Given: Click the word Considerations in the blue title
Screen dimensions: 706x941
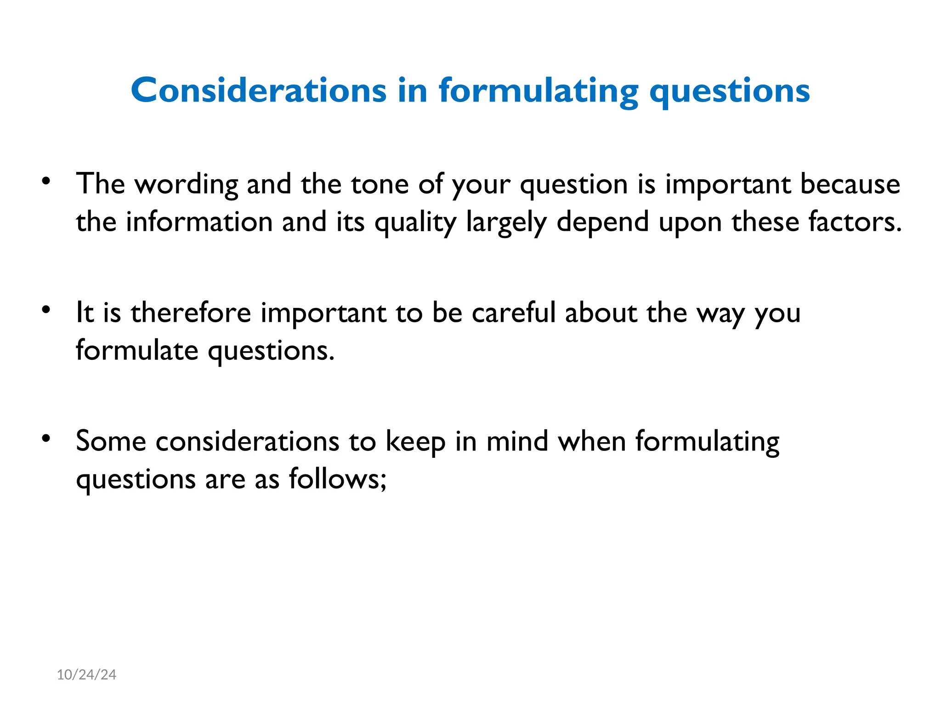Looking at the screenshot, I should [x=258, y=91].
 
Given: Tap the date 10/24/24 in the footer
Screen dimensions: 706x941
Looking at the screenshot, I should [x=86, y=674].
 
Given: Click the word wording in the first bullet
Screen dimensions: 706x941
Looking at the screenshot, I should [x=186, y=185].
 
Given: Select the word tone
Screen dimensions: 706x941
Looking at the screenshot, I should [x=380, y=185].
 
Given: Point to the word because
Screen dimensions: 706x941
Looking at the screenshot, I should [x=850, y=185].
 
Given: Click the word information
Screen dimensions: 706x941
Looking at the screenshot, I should [x=199, y=222].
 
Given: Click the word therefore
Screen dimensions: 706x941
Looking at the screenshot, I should [x=191, y=313].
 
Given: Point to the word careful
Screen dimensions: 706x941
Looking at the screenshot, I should [x=514, y=313].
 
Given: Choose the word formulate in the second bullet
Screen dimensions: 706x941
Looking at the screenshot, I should [x=137, y=351].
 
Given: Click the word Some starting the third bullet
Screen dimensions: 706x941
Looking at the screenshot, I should [x=111, y=442].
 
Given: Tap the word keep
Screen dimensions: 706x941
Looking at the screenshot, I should [x=415, y=443].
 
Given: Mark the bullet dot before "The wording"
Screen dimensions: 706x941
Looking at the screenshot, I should [x=45, y=181].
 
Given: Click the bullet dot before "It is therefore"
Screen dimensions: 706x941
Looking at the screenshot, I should [x=45, y=310].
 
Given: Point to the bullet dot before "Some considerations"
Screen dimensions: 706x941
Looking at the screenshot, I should [x=45, y=438].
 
